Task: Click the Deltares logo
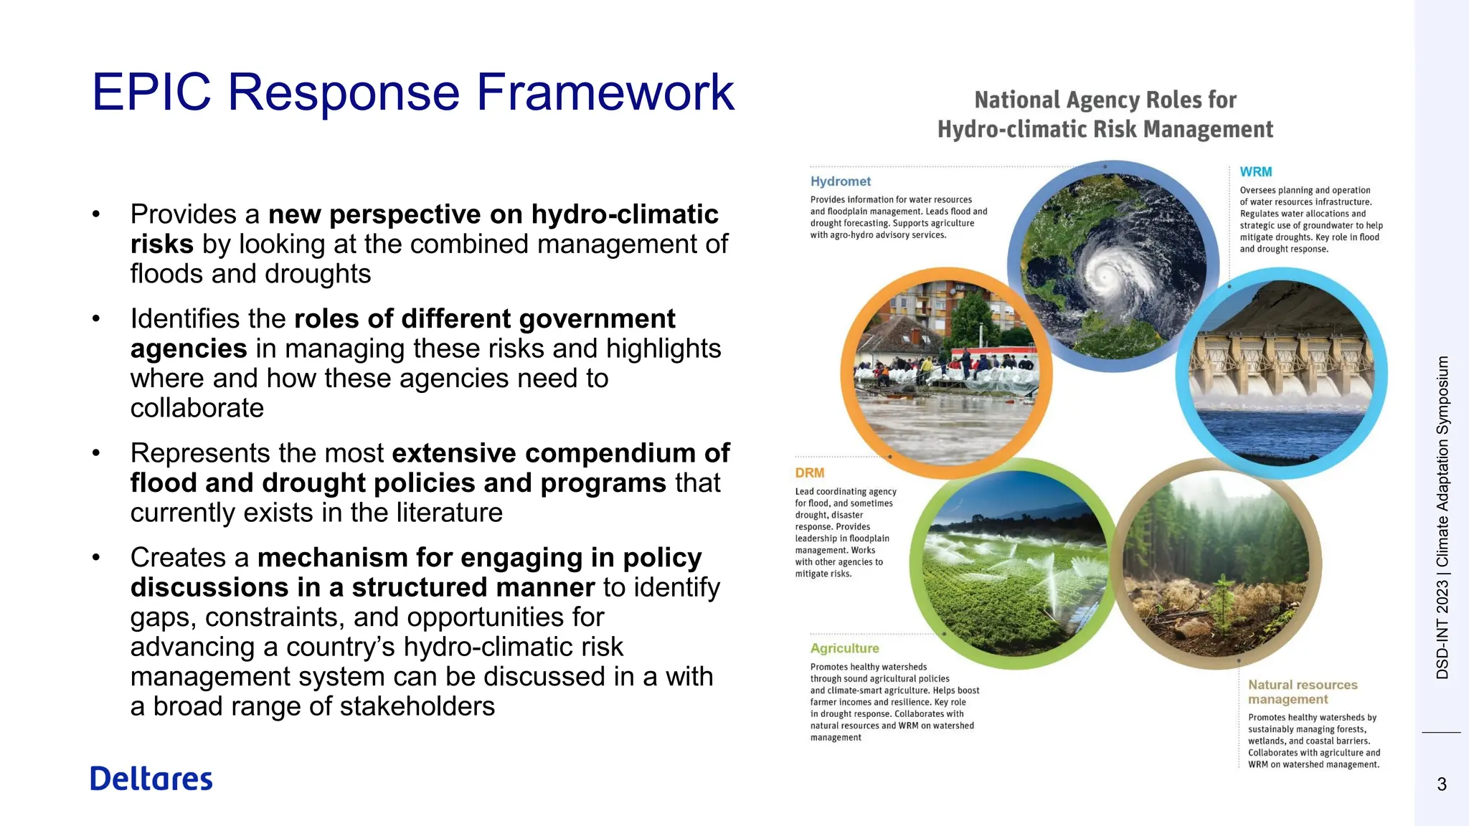151,779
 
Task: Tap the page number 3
1442,784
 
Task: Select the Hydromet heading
840,181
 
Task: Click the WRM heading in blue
1255,172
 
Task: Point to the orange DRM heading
809,473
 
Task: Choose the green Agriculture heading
844,648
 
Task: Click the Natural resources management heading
1302,692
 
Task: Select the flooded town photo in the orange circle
945,373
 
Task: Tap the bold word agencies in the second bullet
189,348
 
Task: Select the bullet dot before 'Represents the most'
96,453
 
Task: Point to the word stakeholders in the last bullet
417,706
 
